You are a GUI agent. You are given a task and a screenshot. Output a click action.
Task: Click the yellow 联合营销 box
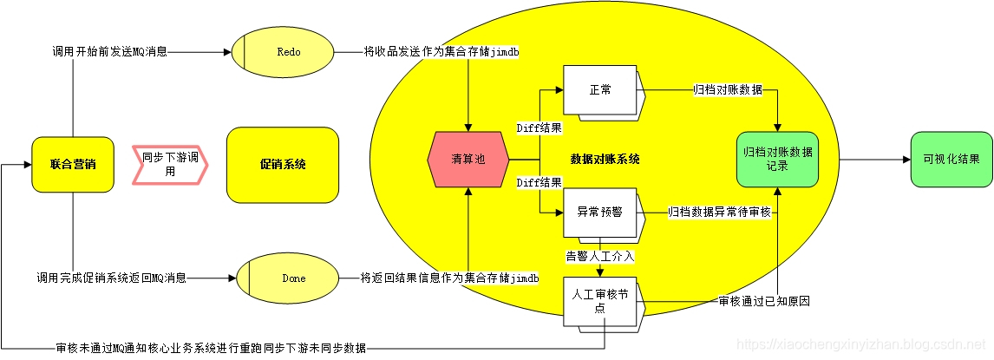coord(73,164)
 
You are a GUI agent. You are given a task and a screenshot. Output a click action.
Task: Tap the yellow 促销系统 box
coord(282,165)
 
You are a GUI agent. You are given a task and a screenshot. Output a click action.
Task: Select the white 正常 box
coord(600,89)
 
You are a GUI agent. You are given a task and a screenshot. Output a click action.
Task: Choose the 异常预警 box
coord(600,213)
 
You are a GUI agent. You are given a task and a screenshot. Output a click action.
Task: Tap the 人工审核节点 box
coord(600,300)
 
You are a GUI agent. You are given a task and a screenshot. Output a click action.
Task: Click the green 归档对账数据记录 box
coord(778,159)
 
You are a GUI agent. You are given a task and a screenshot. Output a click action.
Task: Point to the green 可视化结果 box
coord(951,160)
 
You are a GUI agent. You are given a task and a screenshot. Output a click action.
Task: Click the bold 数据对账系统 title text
coord(605,160)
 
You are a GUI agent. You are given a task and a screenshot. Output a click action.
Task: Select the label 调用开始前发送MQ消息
coord(109,52)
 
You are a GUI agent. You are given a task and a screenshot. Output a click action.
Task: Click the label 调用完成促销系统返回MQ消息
coord(111,278)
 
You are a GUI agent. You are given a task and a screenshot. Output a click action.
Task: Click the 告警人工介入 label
coord(600,257)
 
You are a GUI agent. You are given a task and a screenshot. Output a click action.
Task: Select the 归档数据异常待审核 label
coord(719,212)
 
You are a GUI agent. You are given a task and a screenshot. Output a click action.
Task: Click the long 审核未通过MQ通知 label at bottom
coord(211,348)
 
